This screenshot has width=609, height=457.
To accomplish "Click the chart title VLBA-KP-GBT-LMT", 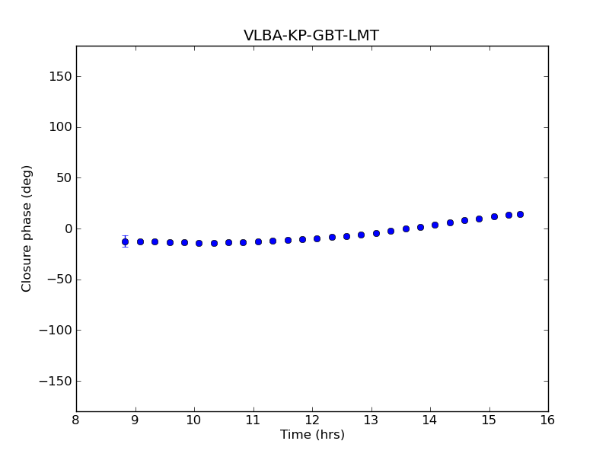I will tap(311, 36).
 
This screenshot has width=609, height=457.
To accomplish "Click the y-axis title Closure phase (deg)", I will tap(27, 228).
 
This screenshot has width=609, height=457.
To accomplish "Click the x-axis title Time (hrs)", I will tap(312, 435).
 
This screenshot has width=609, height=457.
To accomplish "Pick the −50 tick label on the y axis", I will tap(58, 280).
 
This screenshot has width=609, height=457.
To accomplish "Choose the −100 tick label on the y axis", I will tap(55, 331).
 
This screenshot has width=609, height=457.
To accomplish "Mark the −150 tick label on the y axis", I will tap(55, 381).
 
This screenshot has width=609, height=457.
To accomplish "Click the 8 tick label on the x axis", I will tap(76, 420).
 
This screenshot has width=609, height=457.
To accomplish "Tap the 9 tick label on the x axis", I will tap(136, 420).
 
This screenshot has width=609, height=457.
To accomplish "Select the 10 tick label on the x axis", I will tap(194, 420).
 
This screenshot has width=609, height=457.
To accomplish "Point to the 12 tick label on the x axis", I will tap(312, 420).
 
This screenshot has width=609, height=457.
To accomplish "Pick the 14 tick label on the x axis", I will tap(430, 420).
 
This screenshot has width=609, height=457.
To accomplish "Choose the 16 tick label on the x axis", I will tap(548, 420).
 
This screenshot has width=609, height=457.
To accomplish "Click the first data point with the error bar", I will tap(125, 241).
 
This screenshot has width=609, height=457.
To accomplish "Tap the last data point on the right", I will tap(520, 214).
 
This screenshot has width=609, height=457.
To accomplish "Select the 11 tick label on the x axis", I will tap(253, 420).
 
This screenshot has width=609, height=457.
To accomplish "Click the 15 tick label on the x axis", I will tap(489, 420).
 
